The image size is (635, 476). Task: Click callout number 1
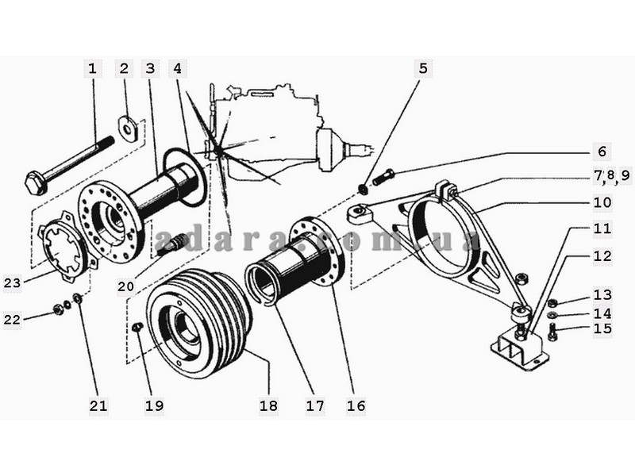click(x=92, y=68)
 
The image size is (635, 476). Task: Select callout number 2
click(x=123, y=68)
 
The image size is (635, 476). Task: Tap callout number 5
click(x=423, y=68)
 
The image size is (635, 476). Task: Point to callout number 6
click(x=601, y=151)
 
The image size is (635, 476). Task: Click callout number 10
click(x=601, y=202)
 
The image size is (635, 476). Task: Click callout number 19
click(x=153, y=405)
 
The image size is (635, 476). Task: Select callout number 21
click(x=97, y=405)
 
